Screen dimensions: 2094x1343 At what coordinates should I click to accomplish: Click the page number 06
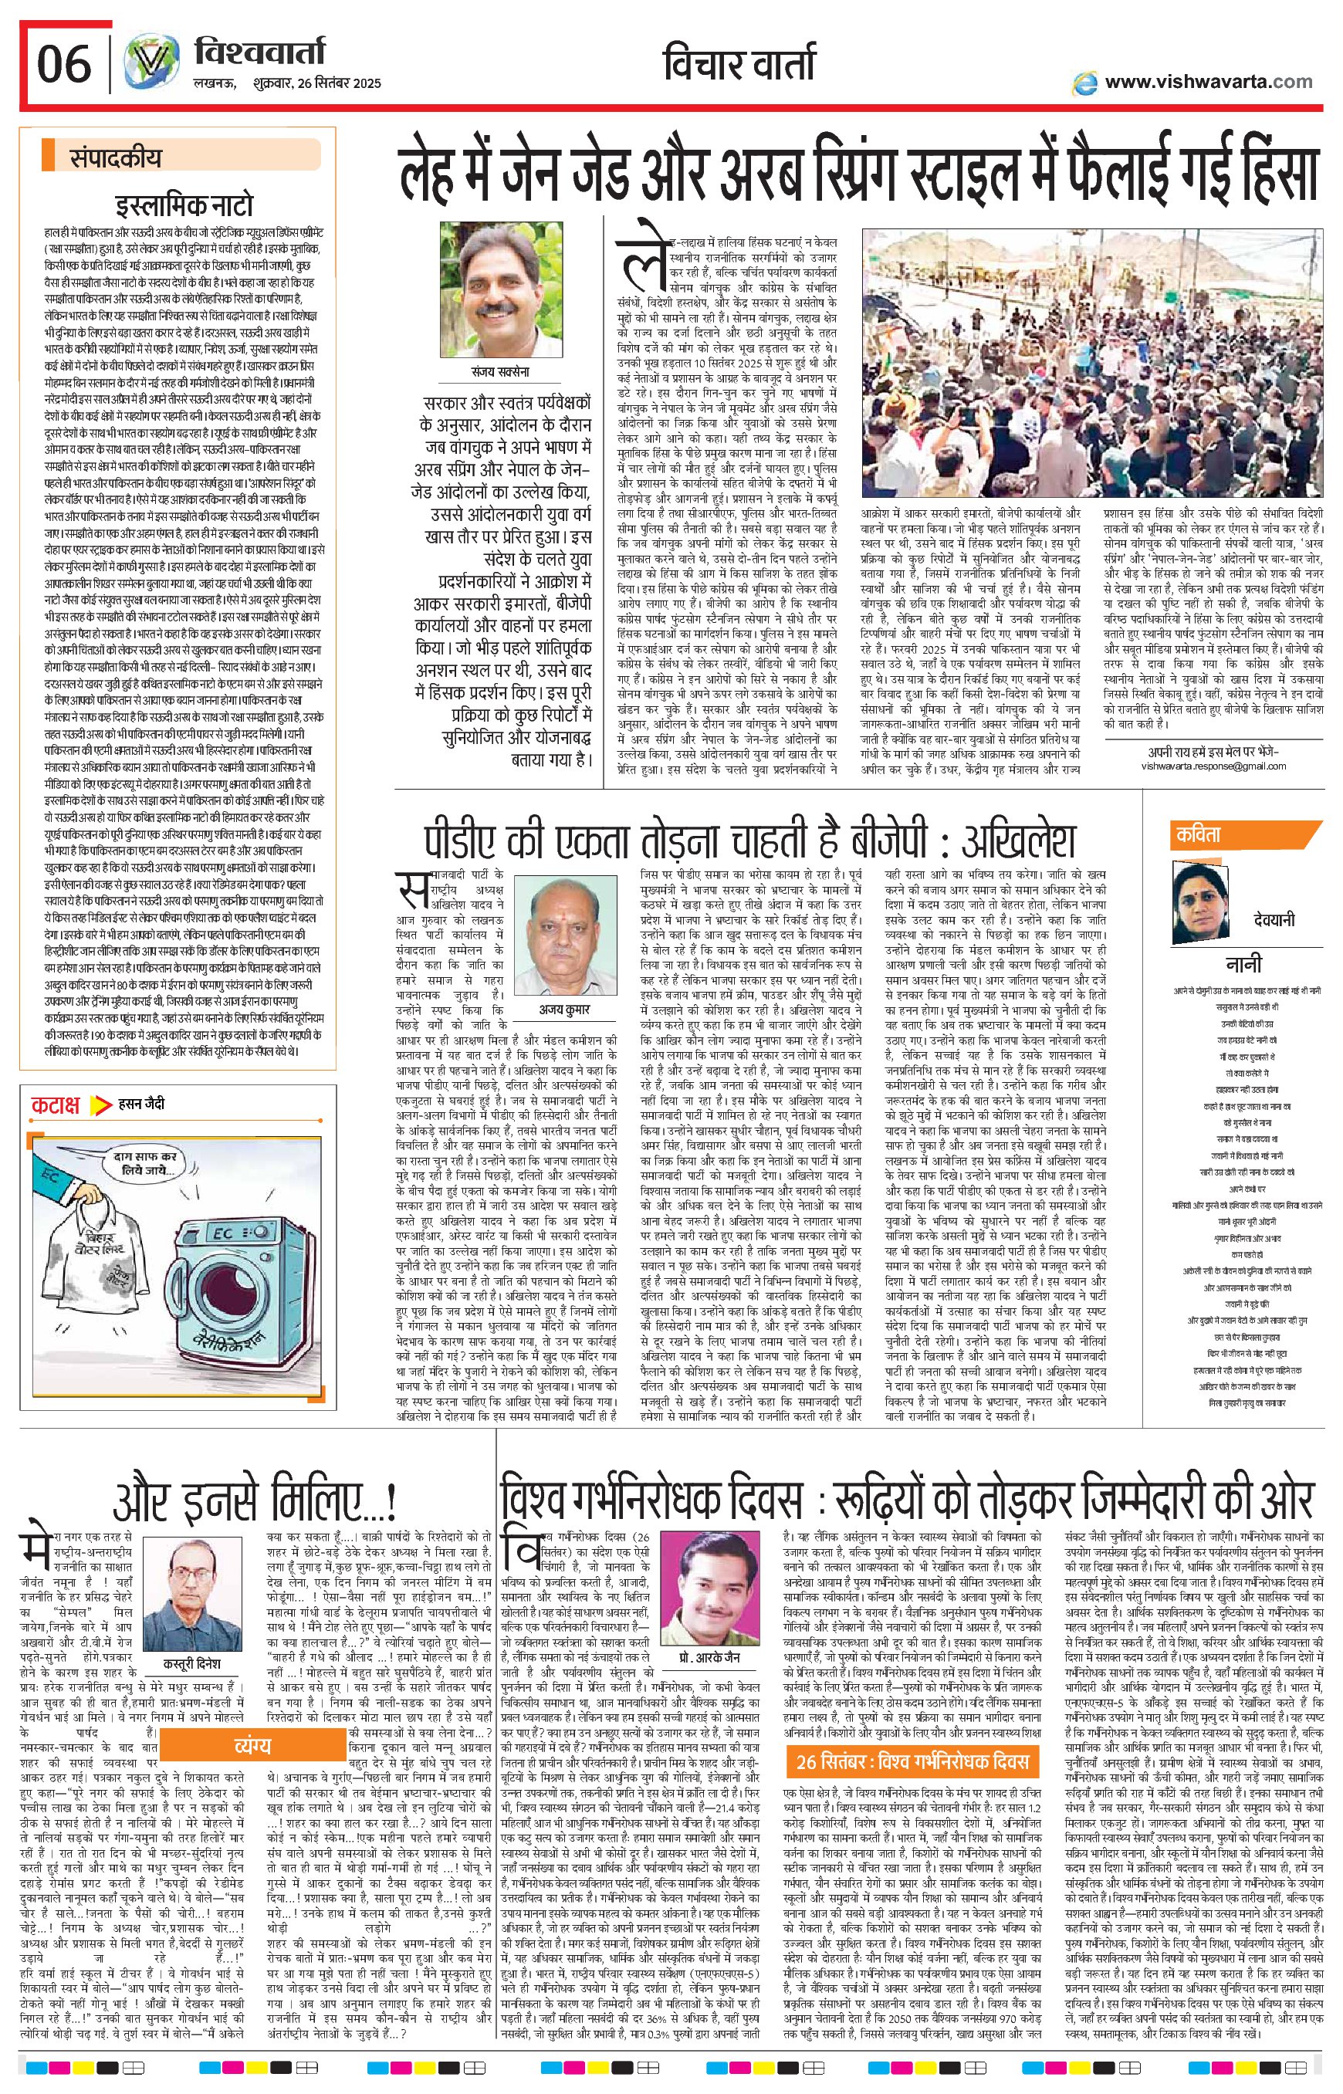pyautogui.click(x=63, y=63)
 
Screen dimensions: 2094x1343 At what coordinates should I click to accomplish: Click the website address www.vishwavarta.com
pyautogui.click(x=1208, y=82)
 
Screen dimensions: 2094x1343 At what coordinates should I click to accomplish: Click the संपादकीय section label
pyautogui.click(x=115, y=159)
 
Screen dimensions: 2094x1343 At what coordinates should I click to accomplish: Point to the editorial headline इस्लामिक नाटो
pyautogui.click(x=186, y=206)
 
